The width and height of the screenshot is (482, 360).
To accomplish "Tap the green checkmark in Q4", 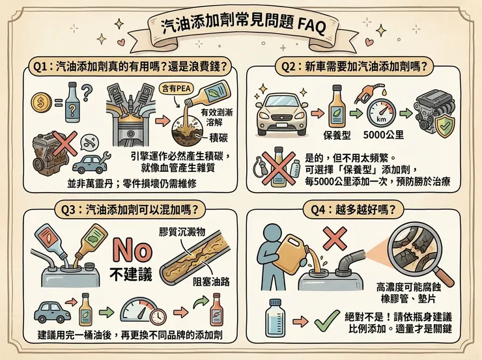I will tap(326, 321).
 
